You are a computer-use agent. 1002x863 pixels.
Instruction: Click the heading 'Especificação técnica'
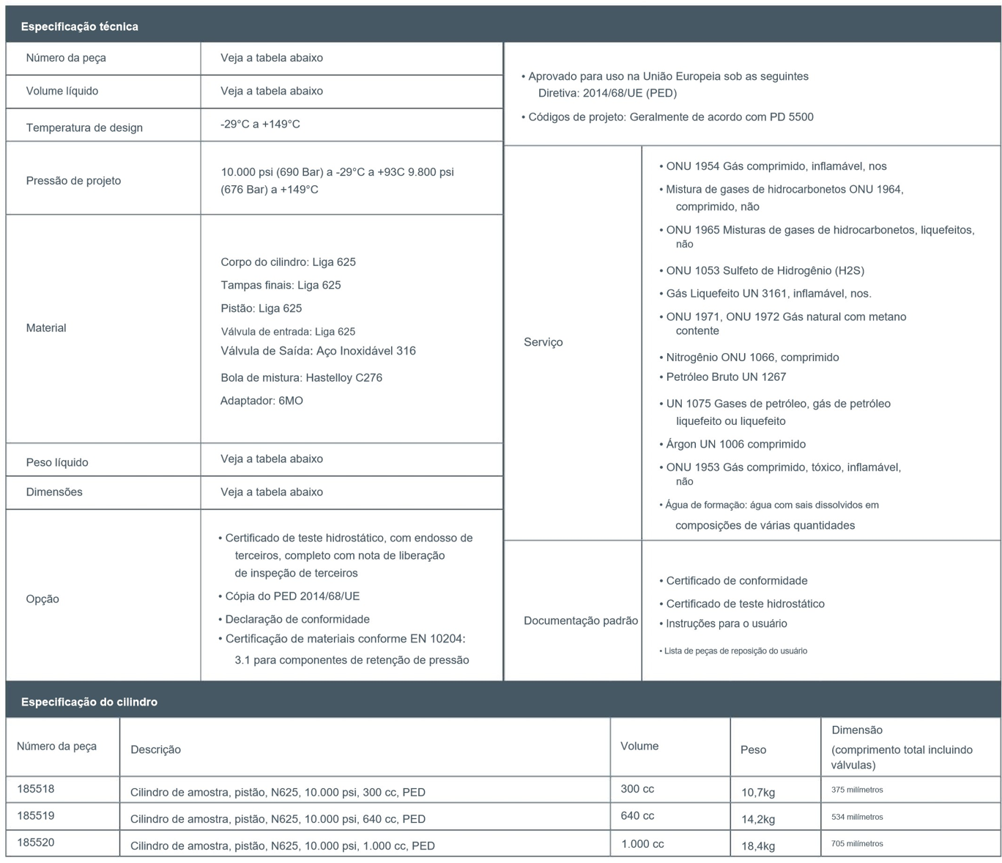(79, 26)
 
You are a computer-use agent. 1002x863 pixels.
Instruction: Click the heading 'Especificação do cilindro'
(89, 702)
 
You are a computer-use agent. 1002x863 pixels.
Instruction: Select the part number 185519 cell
(36, 815)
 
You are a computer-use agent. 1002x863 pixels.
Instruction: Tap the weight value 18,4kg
(758, 846)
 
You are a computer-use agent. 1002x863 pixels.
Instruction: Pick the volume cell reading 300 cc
(637, 789)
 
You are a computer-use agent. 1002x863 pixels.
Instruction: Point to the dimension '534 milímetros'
(857, 817)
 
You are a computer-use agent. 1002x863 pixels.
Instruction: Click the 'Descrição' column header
(155, 749)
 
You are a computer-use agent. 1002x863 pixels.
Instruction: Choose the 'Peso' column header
(753, 749)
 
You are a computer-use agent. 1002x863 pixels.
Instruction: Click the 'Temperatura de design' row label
(84, 127)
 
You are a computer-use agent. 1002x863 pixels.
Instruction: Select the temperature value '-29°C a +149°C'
(260, 124)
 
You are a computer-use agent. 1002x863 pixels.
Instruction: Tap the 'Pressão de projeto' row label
(73, 180)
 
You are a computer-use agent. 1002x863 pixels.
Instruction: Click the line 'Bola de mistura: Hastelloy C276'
(301, 378)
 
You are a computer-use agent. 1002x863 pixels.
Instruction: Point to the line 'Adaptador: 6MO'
(261, 401)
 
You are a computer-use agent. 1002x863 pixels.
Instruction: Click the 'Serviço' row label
(543, 342)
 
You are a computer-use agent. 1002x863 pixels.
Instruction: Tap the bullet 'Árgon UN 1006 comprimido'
(735, 444)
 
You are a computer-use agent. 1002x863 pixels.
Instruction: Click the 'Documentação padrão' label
(580, 621)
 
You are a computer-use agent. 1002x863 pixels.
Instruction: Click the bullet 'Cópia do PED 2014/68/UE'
(292, 596)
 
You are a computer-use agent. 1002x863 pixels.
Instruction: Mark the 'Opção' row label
(42, 599)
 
